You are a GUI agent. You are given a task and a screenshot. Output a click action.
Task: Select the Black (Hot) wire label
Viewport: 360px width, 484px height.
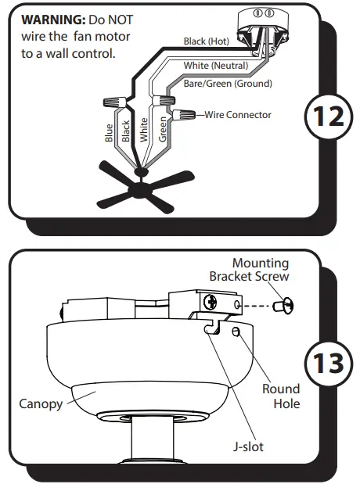[x=206, y=41]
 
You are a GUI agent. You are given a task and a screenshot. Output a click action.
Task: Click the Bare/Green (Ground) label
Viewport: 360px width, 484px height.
[x=227, y=84]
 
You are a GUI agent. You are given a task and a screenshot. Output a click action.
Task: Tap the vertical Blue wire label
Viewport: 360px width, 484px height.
[x=109, y=133]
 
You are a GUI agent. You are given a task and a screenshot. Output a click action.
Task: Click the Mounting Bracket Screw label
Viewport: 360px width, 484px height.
[x=249, y=270]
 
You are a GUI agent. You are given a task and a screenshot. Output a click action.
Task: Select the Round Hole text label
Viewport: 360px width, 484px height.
[x=281, y=396]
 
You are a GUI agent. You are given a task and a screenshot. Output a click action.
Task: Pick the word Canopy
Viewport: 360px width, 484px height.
[x=40, y=403]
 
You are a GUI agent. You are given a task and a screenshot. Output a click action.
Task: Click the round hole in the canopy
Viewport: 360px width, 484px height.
[x=236, y=333]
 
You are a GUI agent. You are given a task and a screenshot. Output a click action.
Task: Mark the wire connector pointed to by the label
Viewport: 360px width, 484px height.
[x=186, y=115]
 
